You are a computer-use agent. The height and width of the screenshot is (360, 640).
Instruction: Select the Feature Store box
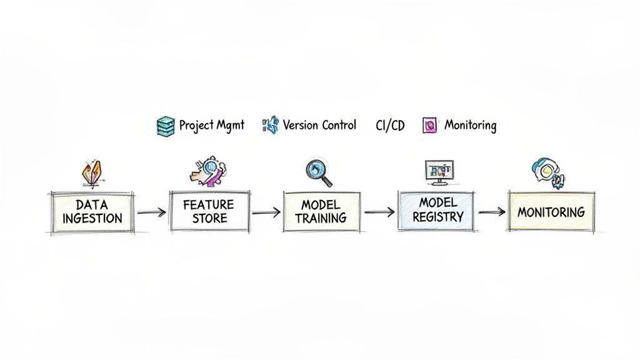click(x=208, y=211)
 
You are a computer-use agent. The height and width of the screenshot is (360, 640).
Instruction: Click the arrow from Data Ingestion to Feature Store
click(x=151, y=212)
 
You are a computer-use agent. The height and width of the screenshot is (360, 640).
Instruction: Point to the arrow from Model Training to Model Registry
click(x=379, y=212)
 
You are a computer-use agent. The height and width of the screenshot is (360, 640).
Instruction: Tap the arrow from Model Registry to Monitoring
click(x=491, y=212)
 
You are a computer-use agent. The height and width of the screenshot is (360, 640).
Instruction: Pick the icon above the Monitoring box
click(x=548, y=172)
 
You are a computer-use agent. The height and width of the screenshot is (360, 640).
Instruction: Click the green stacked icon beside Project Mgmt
click(x=164, y=126)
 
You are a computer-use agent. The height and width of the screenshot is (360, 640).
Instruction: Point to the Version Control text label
click(x=319, y=125)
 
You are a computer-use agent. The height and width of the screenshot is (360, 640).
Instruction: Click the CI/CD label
click(x=390, y=126)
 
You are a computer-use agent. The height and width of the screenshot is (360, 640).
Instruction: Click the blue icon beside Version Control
click(x=271, y=125)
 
